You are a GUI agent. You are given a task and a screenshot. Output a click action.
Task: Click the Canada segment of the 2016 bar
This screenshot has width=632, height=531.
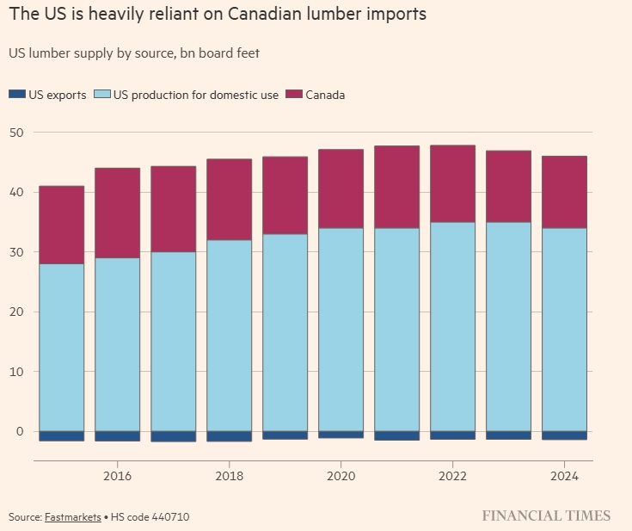pyautogui.click(x=117, y=213)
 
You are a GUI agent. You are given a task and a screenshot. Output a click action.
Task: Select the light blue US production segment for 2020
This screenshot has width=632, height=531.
pyautogui.click(x=341, y=329)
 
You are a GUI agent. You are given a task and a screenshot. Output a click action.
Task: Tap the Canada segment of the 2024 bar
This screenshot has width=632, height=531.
pyautogui.click(x=564, y=192)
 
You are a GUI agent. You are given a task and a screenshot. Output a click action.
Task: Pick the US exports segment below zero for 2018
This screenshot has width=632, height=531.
pyautogui.click(x=229, y=436)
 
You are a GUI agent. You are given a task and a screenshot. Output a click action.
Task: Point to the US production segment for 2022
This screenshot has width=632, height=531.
pyautogui.click(x=452, y=326)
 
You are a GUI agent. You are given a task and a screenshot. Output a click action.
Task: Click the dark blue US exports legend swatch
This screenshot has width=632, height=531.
pyautogui.click(x=17, y=95)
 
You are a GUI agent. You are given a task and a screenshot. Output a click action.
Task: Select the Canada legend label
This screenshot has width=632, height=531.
pyautogui.click(x=326, y=95)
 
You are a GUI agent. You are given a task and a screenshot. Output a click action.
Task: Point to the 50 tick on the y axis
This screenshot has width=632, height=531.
pyautogui.click(x=16, y=133)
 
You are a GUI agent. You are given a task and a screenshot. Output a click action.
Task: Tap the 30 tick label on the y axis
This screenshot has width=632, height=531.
pyautogui.click(x=16, y=252)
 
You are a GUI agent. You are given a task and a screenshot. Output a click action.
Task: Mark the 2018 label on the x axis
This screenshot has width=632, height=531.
pyautogui.click(x=229, y=475)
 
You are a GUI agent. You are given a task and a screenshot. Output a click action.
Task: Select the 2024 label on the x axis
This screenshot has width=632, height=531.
pyautogui.click(x=564, y=475)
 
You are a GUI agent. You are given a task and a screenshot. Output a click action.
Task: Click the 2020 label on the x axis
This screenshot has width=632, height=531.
pyautogui.click(x=341, y=475)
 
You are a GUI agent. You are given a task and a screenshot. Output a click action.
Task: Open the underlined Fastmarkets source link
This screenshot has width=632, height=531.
pyautogui.click(x=72, y=516)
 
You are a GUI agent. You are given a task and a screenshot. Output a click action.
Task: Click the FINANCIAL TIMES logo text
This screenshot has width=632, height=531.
pyautogui.click(x=546, y=516)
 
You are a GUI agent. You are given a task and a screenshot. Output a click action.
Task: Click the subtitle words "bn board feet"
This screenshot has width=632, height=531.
pyautogui.click(x=218, y=53)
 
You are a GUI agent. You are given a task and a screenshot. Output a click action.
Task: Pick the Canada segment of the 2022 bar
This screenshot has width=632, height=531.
pyautogui.click(x=452, y=183)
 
